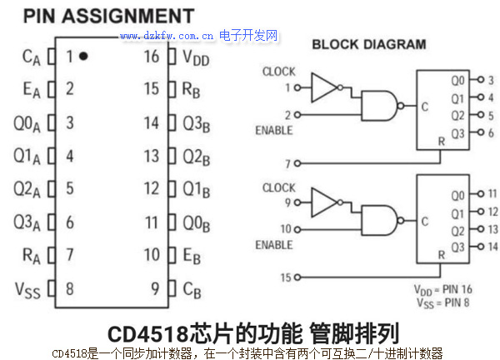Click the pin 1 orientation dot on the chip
(84, 57)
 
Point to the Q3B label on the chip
(197, 123)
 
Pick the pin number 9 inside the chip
(155, 290)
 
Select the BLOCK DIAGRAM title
(368, 44)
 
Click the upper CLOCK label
(278, 72)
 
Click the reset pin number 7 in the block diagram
(287, 163)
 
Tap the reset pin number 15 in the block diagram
(287, 277)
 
